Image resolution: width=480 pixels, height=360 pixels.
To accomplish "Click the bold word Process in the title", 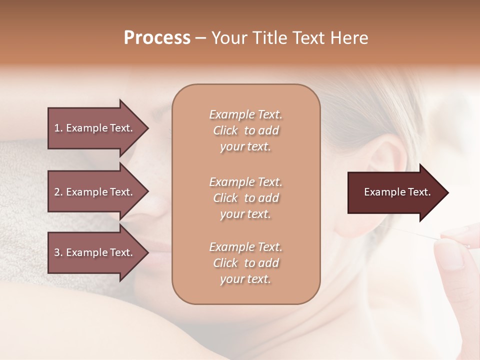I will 157,38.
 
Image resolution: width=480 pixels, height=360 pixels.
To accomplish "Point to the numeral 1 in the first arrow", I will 57,128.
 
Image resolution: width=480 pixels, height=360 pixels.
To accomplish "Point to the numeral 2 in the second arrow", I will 57,192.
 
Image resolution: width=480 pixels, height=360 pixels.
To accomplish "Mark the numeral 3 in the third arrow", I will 57,252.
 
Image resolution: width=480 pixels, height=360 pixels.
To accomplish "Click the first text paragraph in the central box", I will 245,130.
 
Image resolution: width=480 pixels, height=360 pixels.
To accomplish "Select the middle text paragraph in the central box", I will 245,198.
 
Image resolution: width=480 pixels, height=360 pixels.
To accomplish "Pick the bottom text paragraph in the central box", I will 245,263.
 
